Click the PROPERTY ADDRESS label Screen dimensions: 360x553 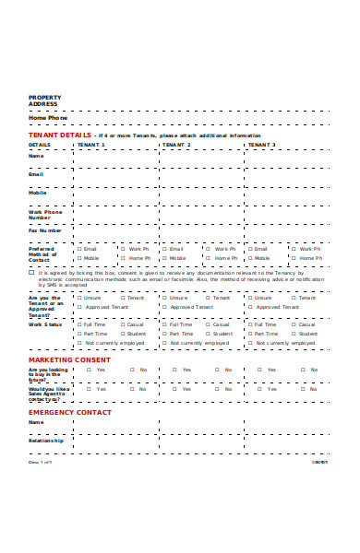(x=43, y=100)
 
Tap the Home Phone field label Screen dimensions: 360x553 (x=47, y=118)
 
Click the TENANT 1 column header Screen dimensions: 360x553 (x=91, y=145)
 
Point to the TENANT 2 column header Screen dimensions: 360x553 (x=176, y=145)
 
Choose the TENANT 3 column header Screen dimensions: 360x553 (x=261, y=145)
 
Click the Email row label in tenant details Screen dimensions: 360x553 (x=36, y=173)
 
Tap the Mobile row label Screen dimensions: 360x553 (x=38, y=193)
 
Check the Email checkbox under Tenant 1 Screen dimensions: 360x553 (x=80, y=249)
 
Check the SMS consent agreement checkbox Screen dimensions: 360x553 (x=31, y=273)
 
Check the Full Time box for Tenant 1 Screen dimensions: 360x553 (x=80, y=324)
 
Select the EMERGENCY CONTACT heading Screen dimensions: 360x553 (x=69, y=412)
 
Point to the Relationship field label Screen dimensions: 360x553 (x=46, y=441)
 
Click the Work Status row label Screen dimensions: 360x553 (x=45, y=324)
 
